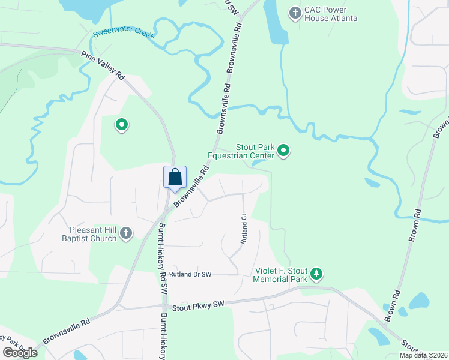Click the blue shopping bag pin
click(175, 178)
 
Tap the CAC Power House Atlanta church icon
click(295, 12)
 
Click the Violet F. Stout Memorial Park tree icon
click(316, 274)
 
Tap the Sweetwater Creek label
click(124, 34)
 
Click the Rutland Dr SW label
click(190, 274)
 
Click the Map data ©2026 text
click(423, 355)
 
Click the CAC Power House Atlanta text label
click(331, 14)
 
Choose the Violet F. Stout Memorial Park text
click(280, 275)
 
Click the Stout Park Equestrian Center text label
click(241, 151)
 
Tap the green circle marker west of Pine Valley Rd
click(122, 125)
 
